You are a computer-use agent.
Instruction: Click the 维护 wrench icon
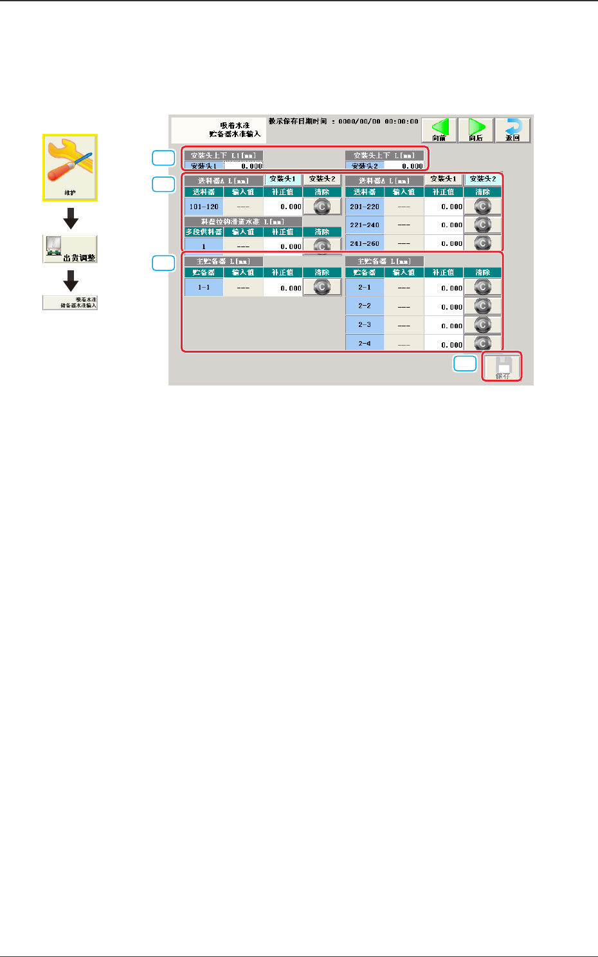coord(70,167)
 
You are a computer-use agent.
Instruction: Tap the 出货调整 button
coord(70,249)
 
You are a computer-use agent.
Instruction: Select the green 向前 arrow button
coord(439,130)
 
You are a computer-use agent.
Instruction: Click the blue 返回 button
coord(512,130)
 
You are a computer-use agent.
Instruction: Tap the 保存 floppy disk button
coord(502,367)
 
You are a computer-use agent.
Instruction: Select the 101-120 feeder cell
coord(204,207)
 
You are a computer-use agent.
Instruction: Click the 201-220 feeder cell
coord(365,207)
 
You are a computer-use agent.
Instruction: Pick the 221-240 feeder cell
coord(365,225)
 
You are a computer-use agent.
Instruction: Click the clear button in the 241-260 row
coord(482,243)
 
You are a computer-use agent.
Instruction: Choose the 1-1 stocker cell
coord(204,288)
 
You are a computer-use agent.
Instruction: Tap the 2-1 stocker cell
coord(365,288)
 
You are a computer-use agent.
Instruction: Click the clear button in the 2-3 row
coord(482,325)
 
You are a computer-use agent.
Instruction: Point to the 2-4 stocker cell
coord(365,344)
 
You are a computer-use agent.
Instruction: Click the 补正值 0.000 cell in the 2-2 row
coord(444,307)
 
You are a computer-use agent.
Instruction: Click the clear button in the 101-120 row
coord(322,207)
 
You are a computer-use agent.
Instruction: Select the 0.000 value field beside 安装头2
coord(404,166)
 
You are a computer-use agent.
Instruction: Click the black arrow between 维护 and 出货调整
coord(71,218)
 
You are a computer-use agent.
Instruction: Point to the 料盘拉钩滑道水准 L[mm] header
coord(243,221)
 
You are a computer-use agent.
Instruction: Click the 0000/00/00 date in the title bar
coord(359,121)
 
